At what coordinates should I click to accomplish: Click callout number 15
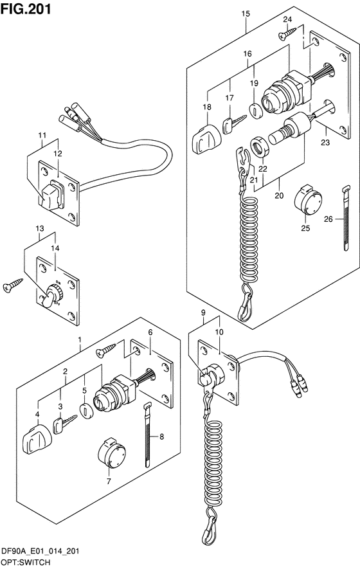point(246,14)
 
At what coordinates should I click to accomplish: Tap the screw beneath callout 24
point(287,33)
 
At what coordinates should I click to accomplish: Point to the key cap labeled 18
point(204,139)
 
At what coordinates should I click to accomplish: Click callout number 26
point(328,219)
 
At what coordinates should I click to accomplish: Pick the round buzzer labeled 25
point(307,201)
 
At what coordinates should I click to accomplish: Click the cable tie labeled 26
point(346,218)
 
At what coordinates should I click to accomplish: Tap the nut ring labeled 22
point(260,147)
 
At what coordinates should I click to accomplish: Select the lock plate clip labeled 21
point(243,159)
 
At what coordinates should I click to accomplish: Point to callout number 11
point(42,136)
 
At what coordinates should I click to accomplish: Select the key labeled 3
point(64,424)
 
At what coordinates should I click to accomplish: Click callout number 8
point(161,437)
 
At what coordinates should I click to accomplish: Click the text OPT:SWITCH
point(26,563)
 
